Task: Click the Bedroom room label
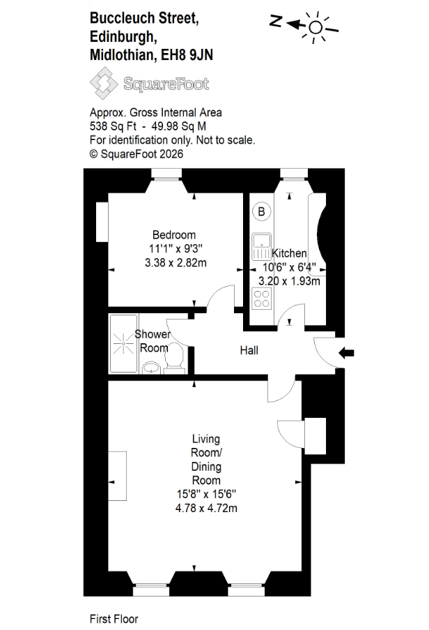click(174, 234)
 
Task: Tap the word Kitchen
click(289, 253)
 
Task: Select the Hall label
click(249, 350)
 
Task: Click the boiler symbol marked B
click(261, 211)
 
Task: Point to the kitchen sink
click(261, 246)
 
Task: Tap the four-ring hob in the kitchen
click(261, 299)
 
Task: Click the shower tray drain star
click(123, 344)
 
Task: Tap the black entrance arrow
click(346, 353)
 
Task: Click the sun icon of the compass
click(316, 27)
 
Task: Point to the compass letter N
click(276, 21)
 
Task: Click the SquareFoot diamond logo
click(104, 83)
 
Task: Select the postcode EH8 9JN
click(187, 54)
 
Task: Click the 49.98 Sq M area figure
click(179, 126)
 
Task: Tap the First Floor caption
click(114, 619)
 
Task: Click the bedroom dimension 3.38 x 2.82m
click(175, 263)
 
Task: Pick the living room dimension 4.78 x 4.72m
click(206, 509)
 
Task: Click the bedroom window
click(166, 174)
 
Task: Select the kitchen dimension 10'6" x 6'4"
click(289, 267)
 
